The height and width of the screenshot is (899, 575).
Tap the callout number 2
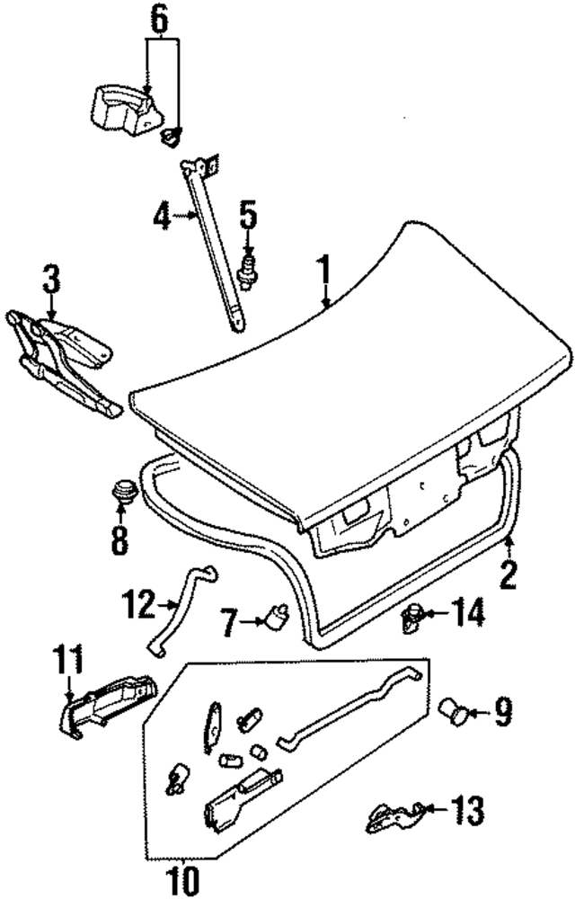pos(509,573)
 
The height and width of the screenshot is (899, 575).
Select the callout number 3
pos(51,280)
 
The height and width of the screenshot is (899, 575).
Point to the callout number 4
pos(161,217)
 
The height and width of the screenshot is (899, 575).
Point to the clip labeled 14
pos(414,619)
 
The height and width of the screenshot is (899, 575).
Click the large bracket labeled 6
pos(121,105)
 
